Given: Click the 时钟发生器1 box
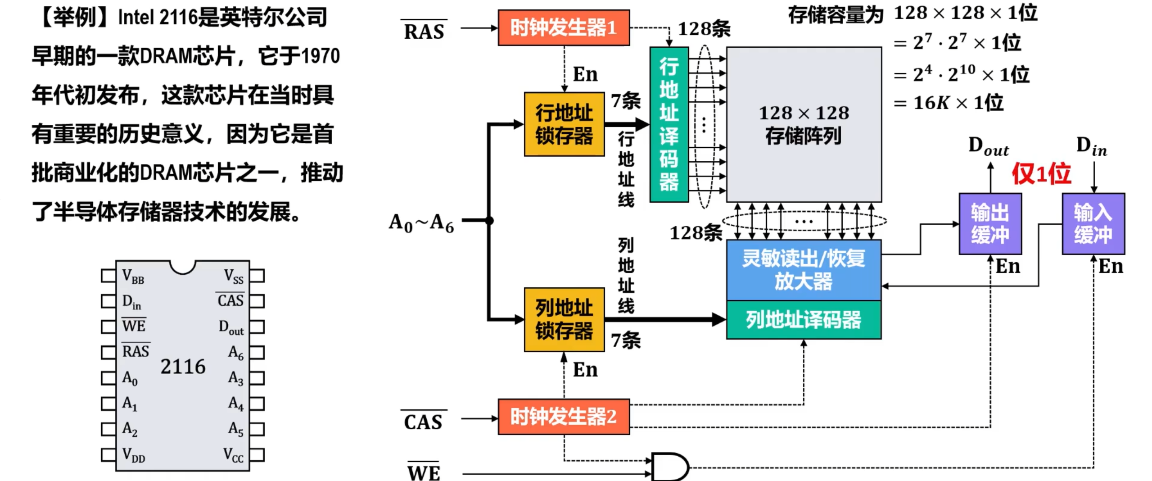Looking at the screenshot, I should (563, 28).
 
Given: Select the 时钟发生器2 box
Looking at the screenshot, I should (563, 417).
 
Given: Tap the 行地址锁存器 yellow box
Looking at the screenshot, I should (564, 124).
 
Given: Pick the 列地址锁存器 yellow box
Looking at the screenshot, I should (564, 319).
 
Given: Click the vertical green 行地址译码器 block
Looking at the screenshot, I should (669, 124).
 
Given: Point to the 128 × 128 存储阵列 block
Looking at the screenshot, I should (804, 124).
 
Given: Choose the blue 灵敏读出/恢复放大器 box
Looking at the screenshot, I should (804, 270).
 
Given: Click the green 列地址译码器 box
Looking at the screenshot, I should (804, 320).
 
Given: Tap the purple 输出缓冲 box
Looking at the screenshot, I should (990, 224).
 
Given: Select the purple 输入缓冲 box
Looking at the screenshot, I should (1093, 224).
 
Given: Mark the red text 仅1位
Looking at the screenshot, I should (1041, 173).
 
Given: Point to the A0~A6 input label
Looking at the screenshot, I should (421, 222).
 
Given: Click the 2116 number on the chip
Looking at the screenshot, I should (183, 367).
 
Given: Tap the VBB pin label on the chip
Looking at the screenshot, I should (133, 276).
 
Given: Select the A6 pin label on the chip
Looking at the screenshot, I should (236, 352).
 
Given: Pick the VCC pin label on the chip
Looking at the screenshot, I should (233, 455).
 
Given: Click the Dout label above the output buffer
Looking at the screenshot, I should (989, 147).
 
